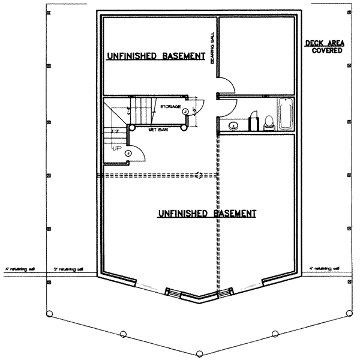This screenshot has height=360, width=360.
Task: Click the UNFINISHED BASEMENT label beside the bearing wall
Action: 155,56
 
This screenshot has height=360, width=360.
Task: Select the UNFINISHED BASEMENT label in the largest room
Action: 207,213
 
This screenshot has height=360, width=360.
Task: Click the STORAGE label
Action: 171,107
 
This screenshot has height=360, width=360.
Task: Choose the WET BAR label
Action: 160,128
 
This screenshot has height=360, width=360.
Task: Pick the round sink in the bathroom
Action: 232,125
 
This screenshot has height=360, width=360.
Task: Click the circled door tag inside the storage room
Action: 185,111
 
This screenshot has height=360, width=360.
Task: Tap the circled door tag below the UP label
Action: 128,154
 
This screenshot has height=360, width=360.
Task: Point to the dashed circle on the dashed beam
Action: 199,175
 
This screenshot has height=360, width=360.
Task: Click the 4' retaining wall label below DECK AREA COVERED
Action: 325,268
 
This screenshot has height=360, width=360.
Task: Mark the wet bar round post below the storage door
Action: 193,125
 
